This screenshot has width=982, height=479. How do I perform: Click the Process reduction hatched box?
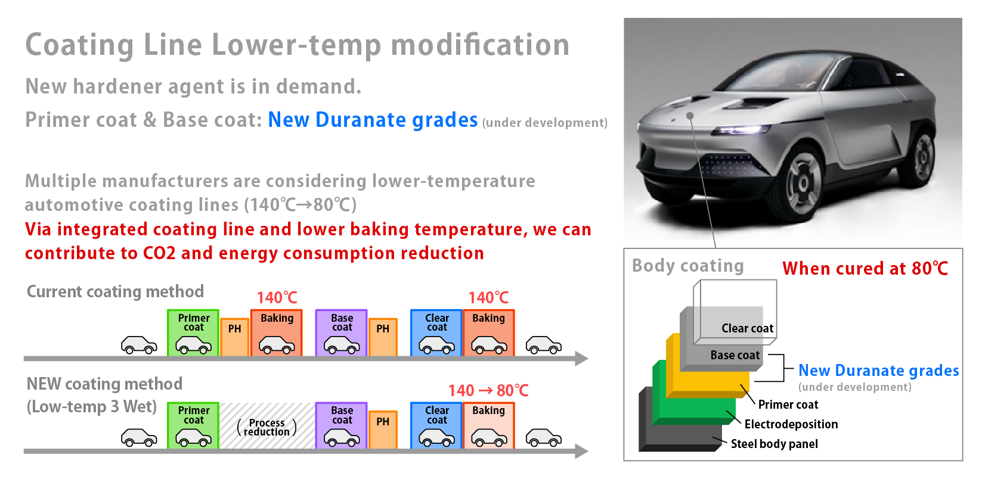tap(267, 425)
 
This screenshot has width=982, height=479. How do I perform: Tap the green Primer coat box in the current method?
tap(193, 332)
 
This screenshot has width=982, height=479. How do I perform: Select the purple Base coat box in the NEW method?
tap(341, 425)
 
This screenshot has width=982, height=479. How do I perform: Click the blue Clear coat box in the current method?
tap(436, 332)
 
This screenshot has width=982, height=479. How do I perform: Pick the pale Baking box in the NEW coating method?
tap(488, 425)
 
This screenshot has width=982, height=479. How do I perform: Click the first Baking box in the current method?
tap(276, 332)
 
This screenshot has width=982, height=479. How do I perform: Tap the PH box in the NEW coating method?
tap(383, 430)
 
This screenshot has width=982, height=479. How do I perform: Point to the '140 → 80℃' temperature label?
tap(488, 390)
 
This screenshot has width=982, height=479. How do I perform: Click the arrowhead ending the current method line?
tap(581, 359)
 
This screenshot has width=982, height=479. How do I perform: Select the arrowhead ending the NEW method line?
tap(581, 451)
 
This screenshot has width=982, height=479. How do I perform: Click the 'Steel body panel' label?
tap(774, 444)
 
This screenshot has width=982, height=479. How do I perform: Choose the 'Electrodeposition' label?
tap(791, 424)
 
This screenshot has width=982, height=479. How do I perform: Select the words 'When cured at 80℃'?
tap(865, 268)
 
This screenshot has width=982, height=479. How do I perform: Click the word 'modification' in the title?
tap(480, 45)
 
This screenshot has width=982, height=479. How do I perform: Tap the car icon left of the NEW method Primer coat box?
tap(139, 437)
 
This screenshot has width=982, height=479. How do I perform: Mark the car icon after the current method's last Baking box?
tap(544, 345)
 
